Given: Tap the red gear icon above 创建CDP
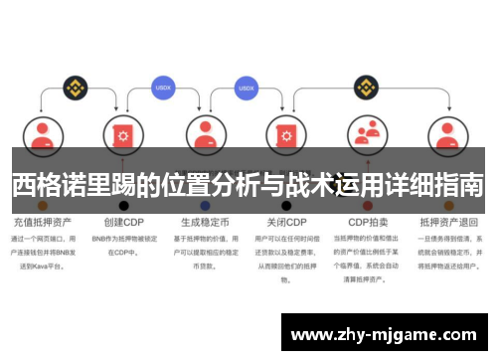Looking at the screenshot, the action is point(123,132).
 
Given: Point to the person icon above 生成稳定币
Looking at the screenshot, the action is point(204,132).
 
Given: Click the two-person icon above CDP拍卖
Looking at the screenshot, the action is point(367,132).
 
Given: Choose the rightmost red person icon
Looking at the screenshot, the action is point(448,132).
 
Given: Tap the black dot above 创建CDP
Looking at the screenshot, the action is point(123,205).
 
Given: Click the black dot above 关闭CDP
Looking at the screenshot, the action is point(285,205).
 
